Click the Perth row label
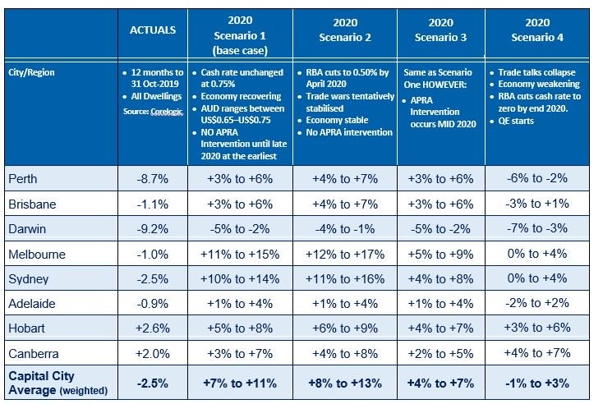pos(23,178)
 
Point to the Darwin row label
pos(27,229)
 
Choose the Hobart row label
pos(27,330)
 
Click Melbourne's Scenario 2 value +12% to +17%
pos(345,255)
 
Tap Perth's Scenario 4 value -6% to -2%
pos(538,178)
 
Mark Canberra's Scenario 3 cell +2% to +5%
pos(442,356)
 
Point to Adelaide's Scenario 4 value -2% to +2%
pos(538,305)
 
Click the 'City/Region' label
pos(30,72)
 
